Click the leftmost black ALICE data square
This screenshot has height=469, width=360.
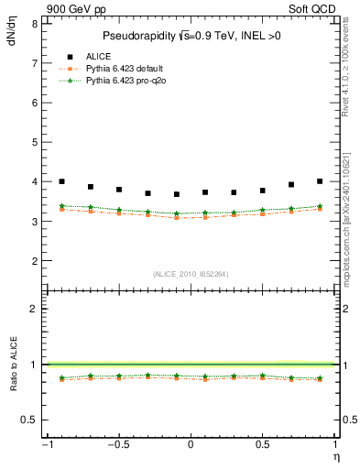pyautogui.click(x=61, y=181)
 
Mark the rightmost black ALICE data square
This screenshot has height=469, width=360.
pyautogui.click(x=320, y=181)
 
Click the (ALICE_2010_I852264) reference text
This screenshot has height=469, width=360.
pyautogui.click(x=191, y=274)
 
